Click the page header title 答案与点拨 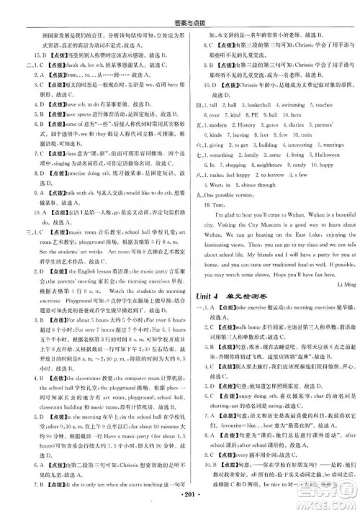point(179,6)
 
